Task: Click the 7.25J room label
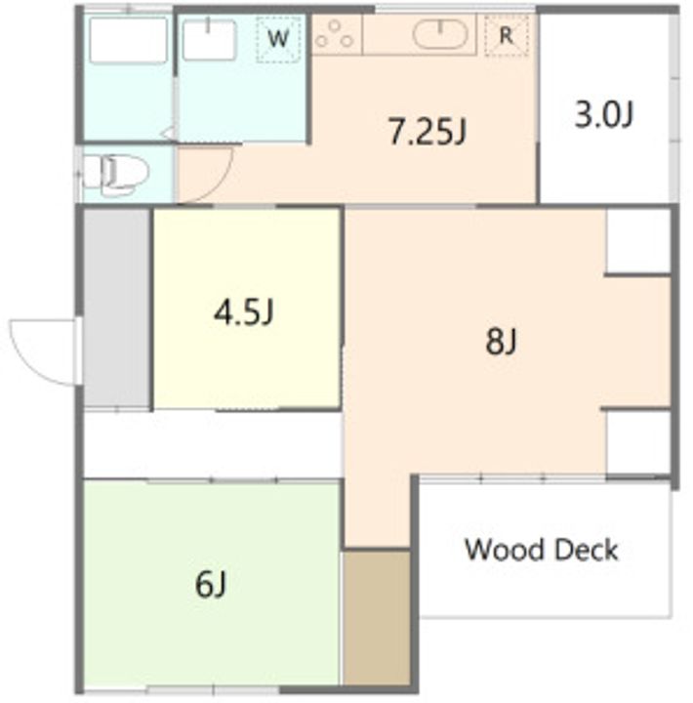click(x=428, y=132)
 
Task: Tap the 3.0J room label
click(x=603, y=115)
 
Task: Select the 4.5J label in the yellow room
click(x=243, y=312)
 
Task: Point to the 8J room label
click(x=502, y=341)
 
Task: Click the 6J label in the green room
click(x=211, y=584)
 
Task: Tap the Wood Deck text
click(x=542, y=549)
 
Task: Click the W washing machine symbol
click(x=278, y=39)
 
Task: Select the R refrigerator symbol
click(x=507, y=35)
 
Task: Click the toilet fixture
click(x=115, y=175)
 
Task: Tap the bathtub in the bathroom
click(x=128, y=40)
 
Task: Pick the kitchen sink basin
click(x=440, y=34)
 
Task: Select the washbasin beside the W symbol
click(x=209, y=38)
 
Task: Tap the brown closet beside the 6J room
click(x=377, y=618)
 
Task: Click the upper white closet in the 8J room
click(x=638, y=240)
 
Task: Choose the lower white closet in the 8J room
click(x=638, y=441)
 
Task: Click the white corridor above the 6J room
click(x=213, y=445)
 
